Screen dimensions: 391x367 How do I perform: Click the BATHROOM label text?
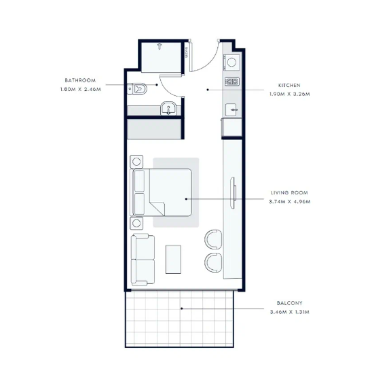tap(80, 80)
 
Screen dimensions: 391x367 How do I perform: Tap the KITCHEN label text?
tap(289, 86)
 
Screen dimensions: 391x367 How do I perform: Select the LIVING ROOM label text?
tap(289, 193)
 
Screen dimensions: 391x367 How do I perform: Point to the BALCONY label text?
tap(289, 303)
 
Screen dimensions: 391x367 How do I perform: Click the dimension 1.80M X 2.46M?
tap(81, 90)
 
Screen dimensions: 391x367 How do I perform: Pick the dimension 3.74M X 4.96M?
tap(289, 202)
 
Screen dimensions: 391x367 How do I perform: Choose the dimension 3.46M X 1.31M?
tap(289, 312)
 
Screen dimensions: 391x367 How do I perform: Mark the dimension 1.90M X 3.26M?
tap(289, 94)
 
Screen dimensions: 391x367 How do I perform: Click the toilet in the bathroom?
tap(137, 89)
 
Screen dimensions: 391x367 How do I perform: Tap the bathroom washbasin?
tap(168, 108)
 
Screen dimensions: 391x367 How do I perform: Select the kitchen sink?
tap(231, 110)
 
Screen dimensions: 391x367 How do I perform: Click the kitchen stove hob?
tap(232, 82)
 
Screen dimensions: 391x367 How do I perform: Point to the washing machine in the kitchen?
tap(231, 63)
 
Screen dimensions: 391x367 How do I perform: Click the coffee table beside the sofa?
tap(173, 260)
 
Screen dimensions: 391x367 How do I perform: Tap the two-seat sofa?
tap(143, 260)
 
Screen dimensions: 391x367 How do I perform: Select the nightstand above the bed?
tap(136, 162)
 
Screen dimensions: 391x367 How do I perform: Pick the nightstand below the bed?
tap(136, 223)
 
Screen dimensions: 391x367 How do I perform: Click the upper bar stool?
tap(213, 239)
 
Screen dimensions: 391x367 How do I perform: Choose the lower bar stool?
tap(213, 262)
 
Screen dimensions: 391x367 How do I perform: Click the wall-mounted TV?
tap(233, 193)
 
